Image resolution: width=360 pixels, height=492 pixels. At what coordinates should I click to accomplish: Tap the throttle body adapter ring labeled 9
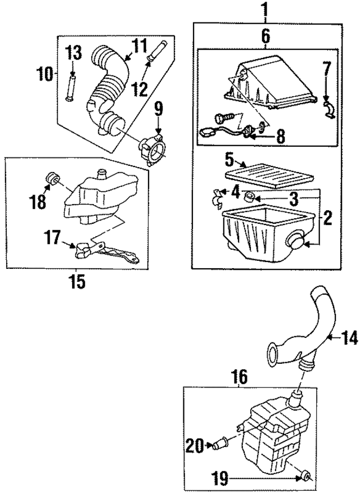pyautogui.click(x=152, y=149)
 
